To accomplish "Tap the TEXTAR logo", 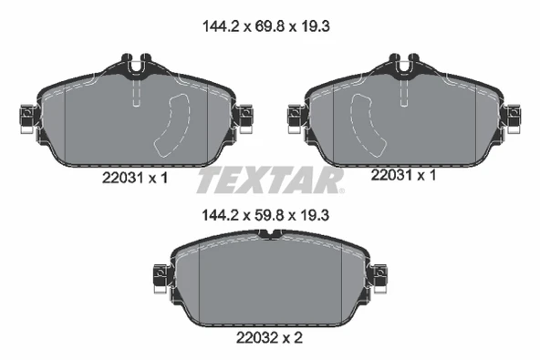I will coord(270,180).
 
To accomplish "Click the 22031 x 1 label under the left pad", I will coord(135,180).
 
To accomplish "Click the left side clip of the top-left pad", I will coord(26,117).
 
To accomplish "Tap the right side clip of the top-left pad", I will coord(244,117).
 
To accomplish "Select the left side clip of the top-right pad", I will coord(295,116).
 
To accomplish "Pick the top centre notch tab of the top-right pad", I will coord(404,66).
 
